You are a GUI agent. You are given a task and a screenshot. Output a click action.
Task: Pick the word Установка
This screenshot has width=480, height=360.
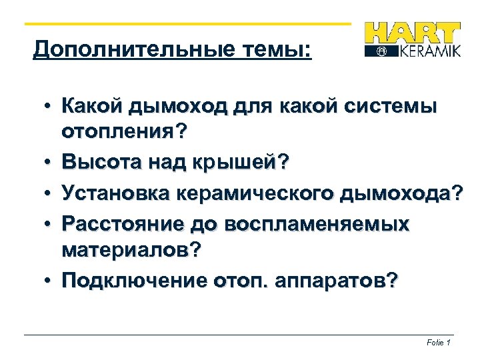[x=115, y=193]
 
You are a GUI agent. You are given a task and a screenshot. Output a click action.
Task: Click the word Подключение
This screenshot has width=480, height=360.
[x=133, y=281]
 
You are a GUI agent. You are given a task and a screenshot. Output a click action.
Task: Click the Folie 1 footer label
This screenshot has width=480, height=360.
[x=439, y=343]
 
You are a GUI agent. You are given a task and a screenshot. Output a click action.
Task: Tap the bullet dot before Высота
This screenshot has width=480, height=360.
[x=50, y=163]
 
